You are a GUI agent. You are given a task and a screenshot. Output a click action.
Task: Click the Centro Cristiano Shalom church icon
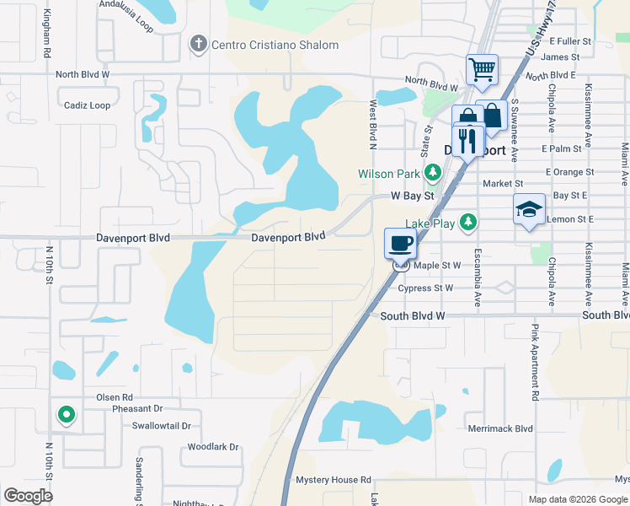tap(199, 44)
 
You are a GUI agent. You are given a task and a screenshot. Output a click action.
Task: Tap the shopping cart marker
tap(482, 69)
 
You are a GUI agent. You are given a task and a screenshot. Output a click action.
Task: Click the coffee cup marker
tap(401, 243)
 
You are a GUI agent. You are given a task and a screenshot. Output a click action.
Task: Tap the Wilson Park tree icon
tap(433, 174)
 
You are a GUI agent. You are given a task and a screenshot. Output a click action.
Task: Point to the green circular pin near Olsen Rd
tap(65, 414)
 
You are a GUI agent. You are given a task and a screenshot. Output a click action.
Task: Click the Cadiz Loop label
tap(87, 105)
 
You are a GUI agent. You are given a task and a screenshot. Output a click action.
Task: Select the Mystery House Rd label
tap(334, 480)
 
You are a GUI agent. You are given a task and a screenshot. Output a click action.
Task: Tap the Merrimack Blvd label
tap(500, 428)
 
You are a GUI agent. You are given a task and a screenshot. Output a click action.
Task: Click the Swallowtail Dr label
tap(162, 426)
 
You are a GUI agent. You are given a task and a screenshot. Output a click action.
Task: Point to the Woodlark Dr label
tap(213, 447)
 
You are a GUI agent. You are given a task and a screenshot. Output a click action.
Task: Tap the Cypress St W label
tap(425, 288)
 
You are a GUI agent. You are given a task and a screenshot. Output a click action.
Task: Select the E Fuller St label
tap(570, 40)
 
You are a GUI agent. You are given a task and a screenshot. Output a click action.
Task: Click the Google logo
tap(28, 496)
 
